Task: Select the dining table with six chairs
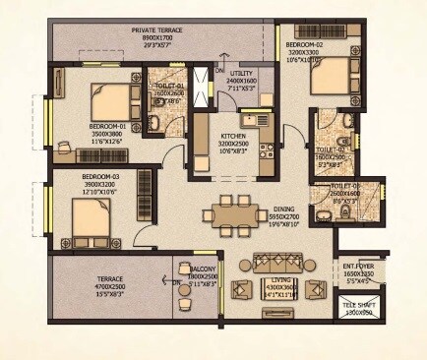click(x=233, y=213)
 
